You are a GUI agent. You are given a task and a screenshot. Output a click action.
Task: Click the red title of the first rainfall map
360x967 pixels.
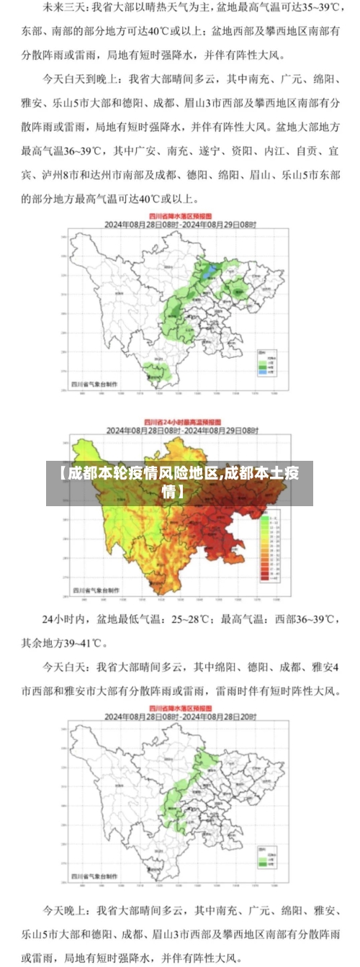click(x=179, y=215)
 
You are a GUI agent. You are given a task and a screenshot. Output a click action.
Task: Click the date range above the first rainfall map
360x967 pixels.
click(x=179, y=224)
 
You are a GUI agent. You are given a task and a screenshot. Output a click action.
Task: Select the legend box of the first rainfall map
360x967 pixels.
click(x=266, y=364)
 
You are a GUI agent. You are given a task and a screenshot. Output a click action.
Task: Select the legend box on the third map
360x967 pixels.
click(x=266, y=860)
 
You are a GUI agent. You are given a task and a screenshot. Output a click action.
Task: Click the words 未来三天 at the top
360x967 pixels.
click(x=62, y=9)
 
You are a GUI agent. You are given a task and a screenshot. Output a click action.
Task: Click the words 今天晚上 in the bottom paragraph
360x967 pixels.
click(x=68, y=909)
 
